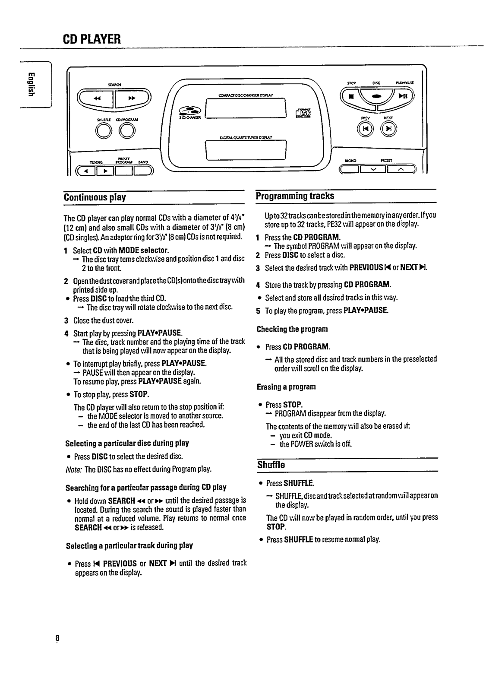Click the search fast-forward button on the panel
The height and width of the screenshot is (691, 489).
131,98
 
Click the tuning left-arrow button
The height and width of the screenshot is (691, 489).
86,171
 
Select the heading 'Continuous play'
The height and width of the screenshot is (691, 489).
95,198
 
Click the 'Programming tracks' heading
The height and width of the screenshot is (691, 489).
295,196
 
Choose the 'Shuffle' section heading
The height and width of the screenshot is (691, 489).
271,465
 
